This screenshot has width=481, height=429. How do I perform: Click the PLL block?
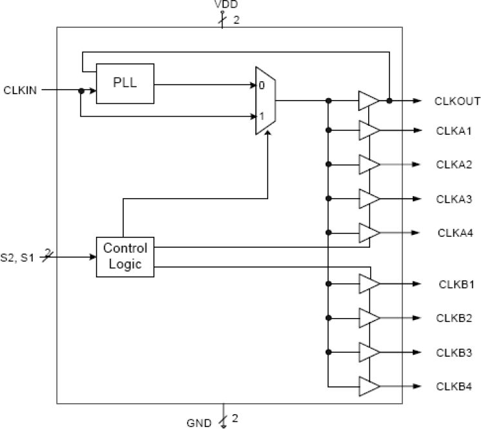tap(125, 83)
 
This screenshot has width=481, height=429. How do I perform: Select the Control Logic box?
tap(125, 256)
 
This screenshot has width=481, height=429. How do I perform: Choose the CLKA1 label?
tap(454, 131)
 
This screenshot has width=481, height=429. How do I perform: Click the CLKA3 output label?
tap(454, 199)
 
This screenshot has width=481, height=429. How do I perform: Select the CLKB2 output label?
tap(454, 318)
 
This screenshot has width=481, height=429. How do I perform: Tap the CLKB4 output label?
tap(454, 386)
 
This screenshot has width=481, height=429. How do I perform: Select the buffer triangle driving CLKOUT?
tap(368, 101)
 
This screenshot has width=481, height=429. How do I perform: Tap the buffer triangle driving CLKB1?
tap(368, 283)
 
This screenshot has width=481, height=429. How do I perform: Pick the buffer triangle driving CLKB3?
tap(368, 352)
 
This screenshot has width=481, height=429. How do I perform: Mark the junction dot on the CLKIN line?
tap(81, 91)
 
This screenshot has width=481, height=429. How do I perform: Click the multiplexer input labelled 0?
tap(261, 85)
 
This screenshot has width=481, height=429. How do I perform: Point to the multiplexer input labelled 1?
tap(261, 116)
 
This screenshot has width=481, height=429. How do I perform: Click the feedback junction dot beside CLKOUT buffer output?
tap(389, 101)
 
